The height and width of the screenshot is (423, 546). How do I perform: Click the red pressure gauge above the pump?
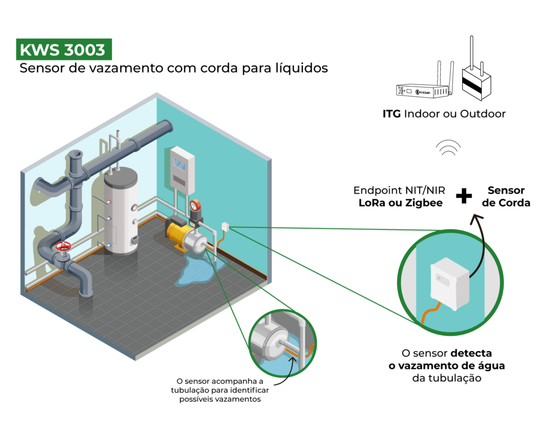196,205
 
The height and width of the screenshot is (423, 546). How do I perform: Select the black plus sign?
464,197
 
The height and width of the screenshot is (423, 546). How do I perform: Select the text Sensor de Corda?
506,196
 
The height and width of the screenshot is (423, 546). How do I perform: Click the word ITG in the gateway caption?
392,114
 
